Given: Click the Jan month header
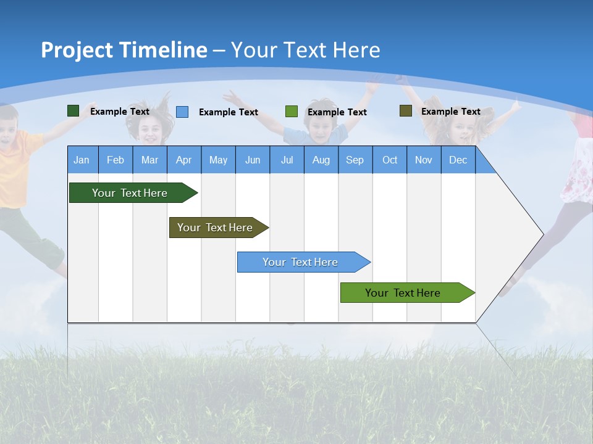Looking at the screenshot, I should click(x=82, y=160).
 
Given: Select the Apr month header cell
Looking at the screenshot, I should click(x=183, y=160).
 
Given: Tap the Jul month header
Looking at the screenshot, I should click(x=287, y=160).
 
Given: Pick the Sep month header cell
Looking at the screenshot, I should click(x=355, y=160).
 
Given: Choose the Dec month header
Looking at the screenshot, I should click(x=458, y=160).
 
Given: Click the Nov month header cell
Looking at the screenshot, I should click(x=423, y=160).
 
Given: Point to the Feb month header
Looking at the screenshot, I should click(x=116, y=160).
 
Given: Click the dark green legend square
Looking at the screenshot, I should click(x=73, y=111).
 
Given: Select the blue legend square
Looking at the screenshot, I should click(x=182, y=112).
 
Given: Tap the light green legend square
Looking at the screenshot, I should click(x=292, y=112).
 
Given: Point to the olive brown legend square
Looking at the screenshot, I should click(x=405, y=111).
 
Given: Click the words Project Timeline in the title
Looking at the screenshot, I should click(x=124, y=50).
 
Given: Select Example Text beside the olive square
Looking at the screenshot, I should click(x=450, y=112).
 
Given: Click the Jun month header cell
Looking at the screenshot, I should click(x=252, y=160).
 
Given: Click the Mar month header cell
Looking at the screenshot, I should click(x=149, y=160).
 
